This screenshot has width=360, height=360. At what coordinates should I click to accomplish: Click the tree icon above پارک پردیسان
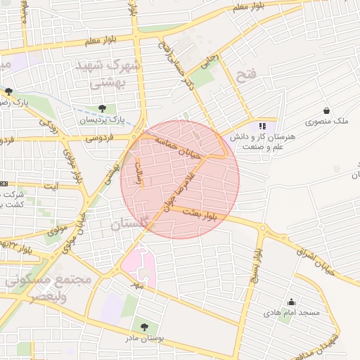(x=103, y=108)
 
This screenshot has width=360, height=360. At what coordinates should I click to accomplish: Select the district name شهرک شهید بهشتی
(x=109, y=75)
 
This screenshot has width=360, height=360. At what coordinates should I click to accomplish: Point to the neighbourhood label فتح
(x=248, y=75)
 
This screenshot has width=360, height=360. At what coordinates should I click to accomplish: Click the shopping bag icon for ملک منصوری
(x=327, y=110)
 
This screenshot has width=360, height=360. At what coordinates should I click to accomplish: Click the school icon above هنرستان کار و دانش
(x=263, y=127)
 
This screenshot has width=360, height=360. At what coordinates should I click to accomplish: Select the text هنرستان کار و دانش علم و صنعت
(x=263, y=143)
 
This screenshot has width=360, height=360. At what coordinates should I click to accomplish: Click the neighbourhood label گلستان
(x=130, y=224)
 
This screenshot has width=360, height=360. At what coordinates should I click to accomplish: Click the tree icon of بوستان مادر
(x=145, y=327)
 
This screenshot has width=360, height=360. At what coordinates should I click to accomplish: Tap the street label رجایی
(x=211, y=62)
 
